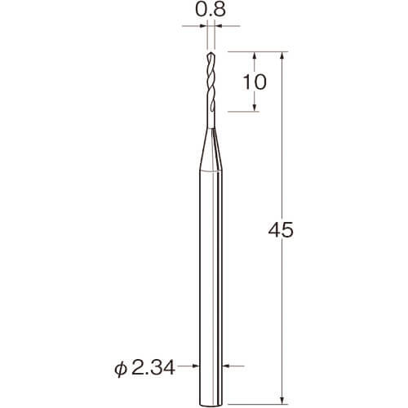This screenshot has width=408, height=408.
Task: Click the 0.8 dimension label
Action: pyautogui.click(x=211, y=11)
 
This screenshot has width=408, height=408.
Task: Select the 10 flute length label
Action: pyautogui.click(x=255, y=82)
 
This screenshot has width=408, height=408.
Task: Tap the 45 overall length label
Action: pyautogui.click(x=281, y=230)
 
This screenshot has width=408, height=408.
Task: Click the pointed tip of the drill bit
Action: pyautogui.click(x=211, y=52)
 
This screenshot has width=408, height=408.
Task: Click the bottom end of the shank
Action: pyautogui.click(x=211, y=405)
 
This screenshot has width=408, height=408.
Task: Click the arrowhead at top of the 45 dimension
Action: pyautogui.click(x=282, y=55)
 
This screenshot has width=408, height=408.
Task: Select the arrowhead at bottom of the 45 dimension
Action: pyautogui.click(x=282, y=400)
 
